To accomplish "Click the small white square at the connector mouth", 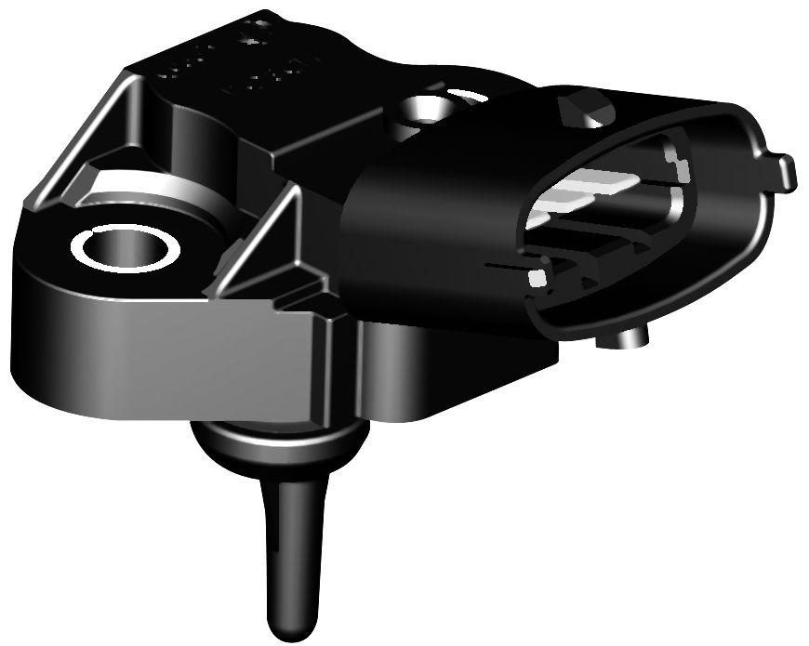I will click(x=537, y=277).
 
